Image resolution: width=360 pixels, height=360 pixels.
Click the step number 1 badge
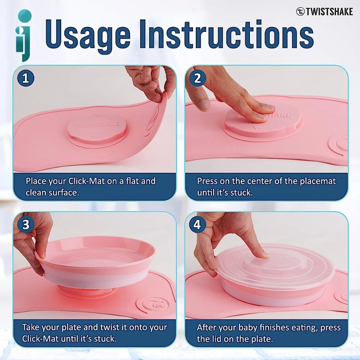(x=26, y=78)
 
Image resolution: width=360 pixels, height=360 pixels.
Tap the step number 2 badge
(x=197, y=78)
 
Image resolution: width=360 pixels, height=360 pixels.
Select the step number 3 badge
(x=26, y=224)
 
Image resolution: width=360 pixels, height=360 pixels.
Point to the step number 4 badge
(x=197, y=224)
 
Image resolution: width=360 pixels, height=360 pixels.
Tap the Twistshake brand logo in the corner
(x=324, y=12)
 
